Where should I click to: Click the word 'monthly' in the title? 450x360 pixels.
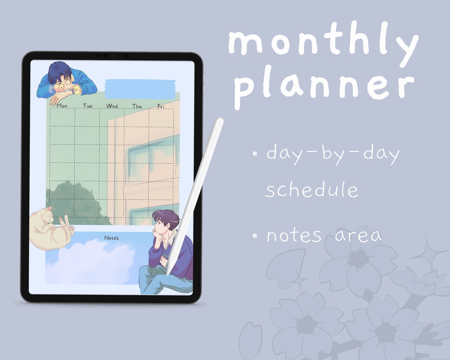323,43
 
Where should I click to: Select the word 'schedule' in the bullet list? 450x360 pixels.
311,190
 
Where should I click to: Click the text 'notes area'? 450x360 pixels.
324,236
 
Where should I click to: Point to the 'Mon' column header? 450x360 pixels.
62,106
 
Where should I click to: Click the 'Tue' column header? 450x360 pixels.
88,106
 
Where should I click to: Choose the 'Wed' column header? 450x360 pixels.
112,106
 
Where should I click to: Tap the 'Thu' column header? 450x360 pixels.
137,106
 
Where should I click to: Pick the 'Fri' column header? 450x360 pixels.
161,106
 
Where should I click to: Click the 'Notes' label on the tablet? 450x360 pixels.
111,238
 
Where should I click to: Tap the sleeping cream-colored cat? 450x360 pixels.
49,229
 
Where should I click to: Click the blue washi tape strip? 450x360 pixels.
141,89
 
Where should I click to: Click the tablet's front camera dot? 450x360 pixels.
112,56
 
